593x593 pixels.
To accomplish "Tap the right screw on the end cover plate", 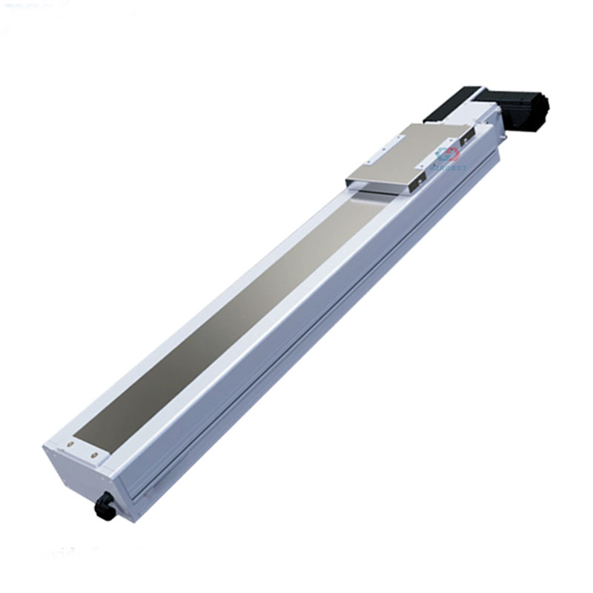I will coord(94,455).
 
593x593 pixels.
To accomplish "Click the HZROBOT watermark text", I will coord(448,168).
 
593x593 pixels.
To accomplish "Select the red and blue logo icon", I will coord(448,154).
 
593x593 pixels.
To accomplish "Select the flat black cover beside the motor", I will coord(451,104).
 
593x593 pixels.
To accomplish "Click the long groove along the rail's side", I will coord(296,348).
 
